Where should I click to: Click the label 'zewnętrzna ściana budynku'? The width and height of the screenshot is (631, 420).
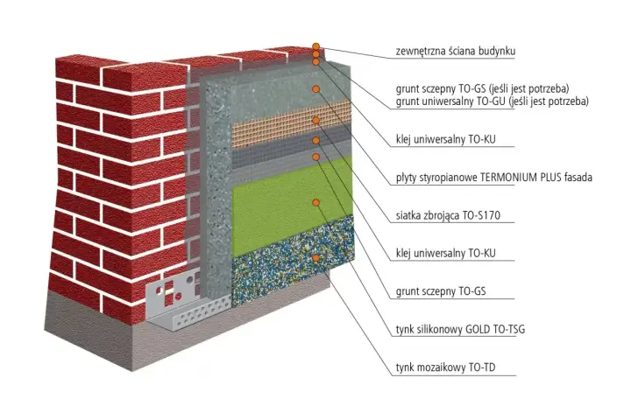pos(455,51)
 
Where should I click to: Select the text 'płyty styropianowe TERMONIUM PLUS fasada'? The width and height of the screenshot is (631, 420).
pos(493,178)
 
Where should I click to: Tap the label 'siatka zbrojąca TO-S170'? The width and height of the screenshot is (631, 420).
pos(448,215)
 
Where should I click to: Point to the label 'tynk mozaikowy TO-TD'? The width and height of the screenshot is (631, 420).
pos(445,367)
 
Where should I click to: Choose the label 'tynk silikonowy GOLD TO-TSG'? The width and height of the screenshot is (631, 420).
pos(460,330)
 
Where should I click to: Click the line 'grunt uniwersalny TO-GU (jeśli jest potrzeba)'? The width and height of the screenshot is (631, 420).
pos(493,101)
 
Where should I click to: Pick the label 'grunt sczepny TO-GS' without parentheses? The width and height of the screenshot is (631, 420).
pos(441,291)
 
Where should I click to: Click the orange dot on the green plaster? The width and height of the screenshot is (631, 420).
pos(315,203)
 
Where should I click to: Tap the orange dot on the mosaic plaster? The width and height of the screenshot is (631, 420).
pos(315,257)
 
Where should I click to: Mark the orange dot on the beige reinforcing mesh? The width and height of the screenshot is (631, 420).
pos(315,120)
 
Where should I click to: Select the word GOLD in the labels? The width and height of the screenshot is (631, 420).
pos(478,330)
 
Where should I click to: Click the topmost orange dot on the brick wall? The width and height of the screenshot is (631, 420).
pos(315,46)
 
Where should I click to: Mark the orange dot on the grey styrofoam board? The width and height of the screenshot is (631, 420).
pos(315,89)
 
